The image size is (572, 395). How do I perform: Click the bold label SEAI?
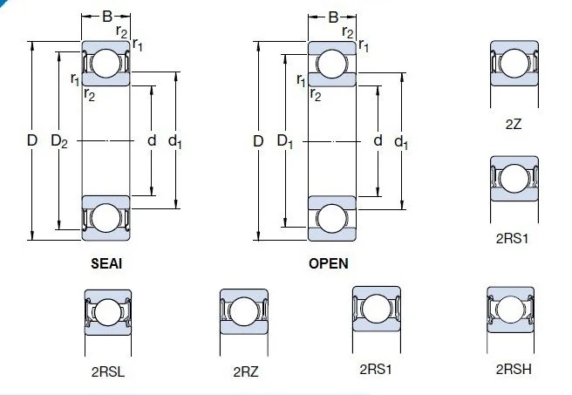[106, 263]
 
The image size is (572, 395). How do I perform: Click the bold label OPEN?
[329, 263]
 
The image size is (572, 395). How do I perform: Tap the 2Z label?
[514, 125]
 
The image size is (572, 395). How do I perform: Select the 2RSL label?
[107, 371]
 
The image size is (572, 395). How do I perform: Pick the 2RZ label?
[246, 371]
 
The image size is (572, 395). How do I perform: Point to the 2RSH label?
[514, 369]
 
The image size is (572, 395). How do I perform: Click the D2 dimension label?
[59, 140]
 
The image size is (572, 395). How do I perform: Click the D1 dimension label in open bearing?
[285, 140]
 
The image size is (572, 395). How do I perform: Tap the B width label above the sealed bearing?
[107, 17]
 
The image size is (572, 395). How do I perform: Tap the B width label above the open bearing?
[333, 17]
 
